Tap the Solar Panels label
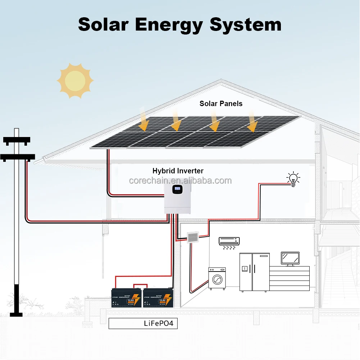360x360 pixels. [221, 104]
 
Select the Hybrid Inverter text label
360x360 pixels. [178, 171]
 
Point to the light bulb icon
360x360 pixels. [293, 179]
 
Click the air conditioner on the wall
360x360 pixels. [229, 241]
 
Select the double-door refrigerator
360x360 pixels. [254, 272]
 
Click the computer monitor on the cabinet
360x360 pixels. [290, 258]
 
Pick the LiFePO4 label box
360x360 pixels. [143, 323]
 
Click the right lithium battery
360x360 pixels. [158, 298]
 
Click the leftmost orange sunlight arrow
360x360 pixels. [143, 123]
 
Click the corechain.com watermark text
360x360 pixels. [180, 181]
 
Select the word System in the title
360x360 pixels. [245, 25]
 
